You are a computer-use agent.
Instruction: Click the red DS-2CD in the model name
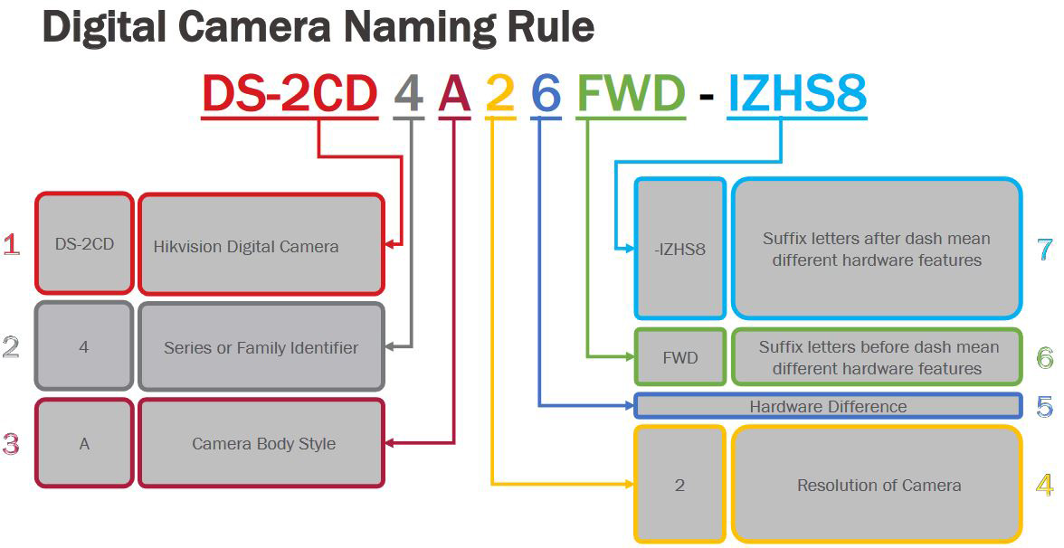click(290, 94)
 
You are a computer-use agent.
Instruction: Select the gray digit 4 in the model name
click(409, 94)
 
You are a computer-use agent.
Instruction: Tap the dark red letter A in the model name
click(454, 94)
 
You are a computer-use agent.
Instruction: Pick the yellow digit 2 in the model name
click(500, 94)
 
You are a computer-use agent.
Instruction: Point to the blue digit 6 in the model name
click(546, 94)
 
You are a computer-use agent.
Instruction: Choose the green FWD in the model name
click(632, 94)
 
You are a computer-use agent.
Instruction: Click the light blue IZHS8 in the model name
click(797, 94)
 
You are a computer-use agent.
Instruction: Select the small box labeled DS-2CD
click(84, 243)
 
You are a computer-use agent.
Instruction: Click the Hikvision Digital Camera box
click(261, 244)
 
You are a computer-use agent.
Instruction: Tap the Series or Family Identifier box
click(261, 346)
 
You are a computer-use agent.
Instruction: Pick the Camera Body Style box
click(261, 443)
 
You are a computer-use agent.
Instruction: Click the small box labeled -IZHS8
click(680, 248)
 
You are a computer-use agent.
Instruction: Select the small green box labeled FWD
click(680, 357)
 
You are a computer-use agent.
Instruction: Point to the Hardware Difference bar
click(828, 406)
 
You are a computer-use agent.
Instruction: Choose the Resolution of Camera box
click(878, 485)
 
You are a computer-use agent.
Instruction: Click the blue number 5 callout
click(1045, 406)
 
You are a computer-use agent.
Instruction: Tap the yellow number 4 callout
click(1045, 485)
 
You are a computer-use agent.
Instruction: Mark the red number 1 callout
click(12, 244)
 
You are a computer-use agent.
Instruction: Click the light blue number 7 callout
click(1045, 250)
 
